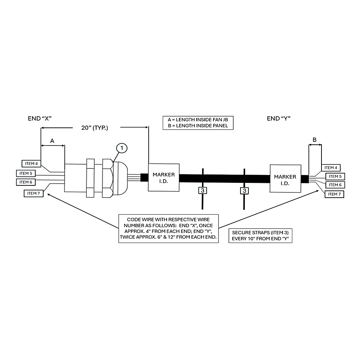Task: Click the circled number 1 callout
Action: pos(122,148)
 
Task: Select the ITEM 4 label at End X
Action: pos(31,164)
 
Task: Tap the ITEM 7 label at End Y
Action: pos(334,194)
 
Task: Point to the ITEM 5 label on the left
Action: pos(26,174)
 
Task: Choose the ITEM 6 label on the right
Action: pos(335,185)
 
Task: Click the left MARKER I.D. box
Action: pos(164,177)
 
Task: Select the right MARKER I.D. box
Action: pos(285,179)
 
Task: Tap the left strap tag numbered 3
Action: pos(202,190)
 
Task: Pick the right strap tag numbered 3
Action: pos(244,191)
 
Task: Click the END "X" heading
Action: pos(40,118)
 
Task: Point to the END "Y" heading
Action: pos(279,118)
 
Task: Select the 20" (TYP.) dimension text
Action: pos(95,128)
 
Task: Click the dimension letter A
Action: pos(52,141)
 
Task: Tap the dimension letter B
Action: pos(315,140)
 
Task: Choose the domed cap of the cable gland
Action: pos(120,179)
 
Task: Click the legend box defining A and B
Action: pos(198,123)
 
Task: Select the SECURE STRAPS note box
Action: pos(260,235)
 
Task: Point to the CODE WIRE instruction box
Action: pos(168,229)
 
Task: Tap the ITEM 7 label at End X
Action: pos(33,193)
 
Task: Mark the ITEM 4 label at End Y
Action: pos(331,168)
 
